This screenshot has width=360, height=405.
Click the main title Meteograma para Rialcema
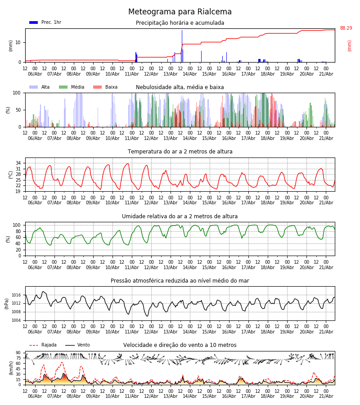180,12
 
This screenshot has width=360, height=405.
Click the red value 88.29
346,28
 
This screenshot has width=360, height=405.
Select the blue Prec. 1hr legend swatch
34,22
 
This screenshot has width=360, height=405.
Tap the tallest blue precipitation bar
182,46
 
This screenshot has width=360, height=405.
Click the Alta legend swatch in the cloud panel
34,87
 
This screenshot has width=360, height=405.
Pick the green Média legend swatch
63,87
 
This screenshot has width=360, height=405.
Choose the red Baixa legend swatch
97,87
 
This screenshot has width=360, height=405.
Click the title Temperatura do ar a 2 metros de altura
180,152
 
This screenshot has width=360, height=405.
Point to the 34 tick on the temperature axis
18,163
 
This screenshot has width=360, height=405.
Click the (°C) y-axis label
11,175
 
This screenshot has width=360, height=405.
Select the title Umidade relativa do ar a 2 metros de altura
180,216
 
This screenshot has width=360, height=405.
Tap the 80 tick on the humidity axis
18,231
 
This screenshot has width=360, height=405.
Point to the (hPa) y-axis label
7,304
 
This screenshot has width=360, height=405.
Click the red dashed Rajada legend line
34,345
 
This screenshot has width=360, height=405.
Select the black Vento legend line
70,345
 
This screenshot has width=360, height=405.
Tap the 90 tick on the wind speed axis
18,353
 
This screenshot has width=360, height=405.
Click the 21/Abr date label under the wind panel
326,396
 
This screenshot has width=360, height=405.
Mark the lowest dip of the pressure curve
148,316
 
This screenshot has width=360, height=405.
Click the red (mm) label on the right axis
349,46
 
